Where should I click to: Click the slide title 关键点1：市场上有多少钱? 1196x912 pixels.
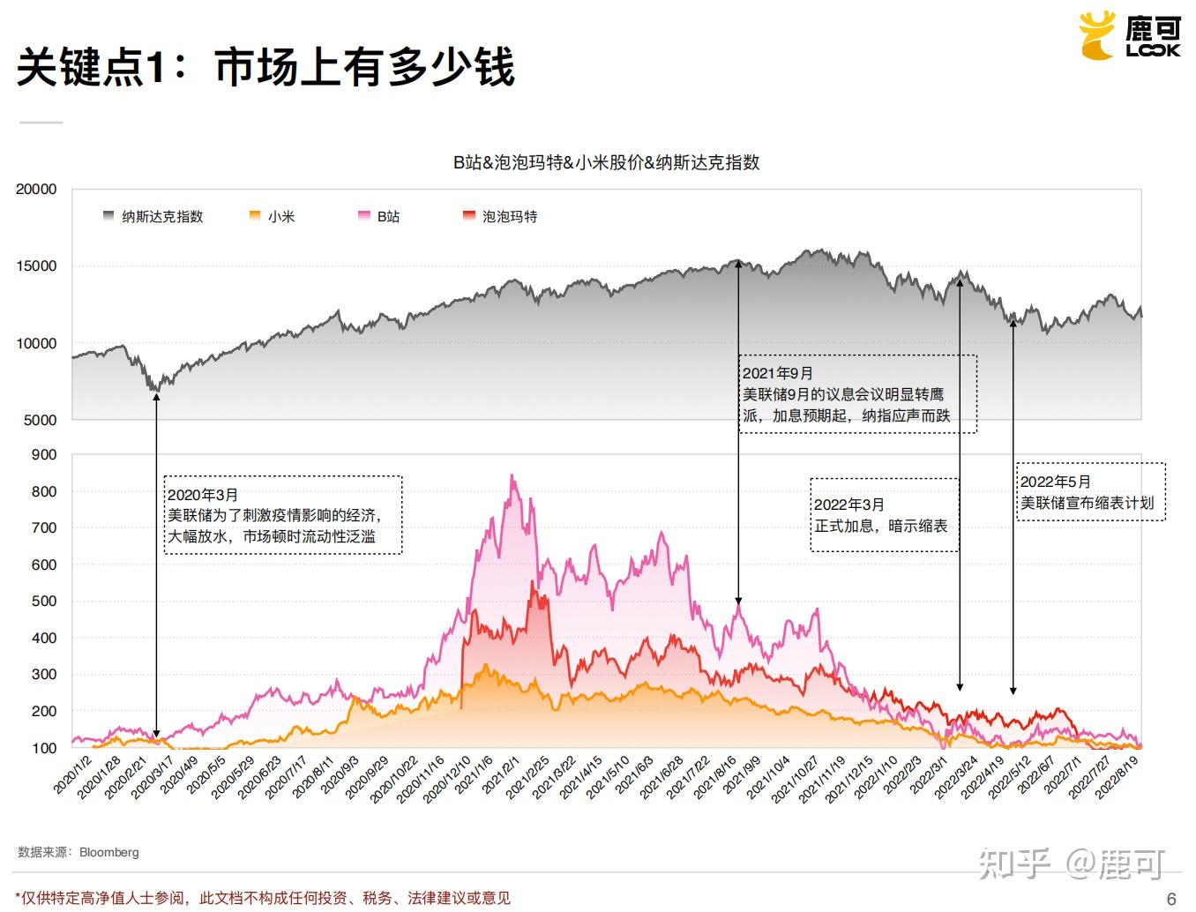tap(265, 67)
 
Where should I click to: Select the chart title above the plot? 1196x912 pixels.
tap(606, 162)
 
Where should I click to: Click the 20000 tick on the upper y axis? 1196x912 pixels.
tap(36, 189)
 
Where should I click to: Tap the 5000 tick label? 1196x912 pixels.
tap(40, 420)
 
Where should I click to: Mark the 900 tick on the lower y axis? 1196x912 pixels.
tap(43, 455)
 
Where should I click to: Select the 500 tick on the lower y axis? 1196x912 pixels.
tap(43, 602)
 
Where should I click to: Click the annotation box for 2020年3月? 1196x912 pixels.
tap(283, 515)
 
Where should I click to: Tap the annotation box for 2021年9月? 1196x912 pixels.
tap(857, 394)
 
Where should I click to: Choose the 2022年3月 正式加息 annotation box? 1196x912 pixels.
tap(885, 515)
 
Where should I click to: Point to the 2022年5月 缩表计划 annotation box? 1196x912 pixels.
tap(1090, 492)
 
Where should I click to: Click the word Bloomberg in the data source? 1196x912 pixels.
tap(109, 853)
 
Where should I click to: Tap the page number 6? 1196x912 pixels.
tap(1171, 899)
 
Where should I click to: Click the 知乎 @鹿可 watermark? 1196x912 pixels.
tap(1071, 864)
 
